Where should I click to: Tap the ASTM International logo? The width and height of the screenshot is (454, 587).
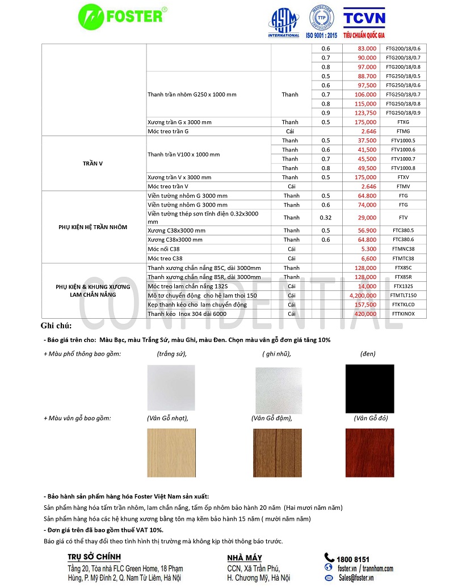pos(283,23)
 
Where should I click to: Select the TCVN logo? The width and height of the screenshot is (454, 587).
pos(364,23)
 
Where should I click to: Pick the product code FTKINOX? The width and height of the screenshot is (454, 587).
pos(403,314)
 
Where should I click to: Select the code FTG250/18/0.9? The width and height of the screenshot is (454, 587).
pos(403,113)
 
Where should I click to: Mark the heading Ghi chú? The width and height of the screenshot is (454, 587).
pos(56,326)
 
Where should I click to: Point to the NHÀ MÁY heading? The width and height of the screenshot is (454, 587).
pos(245,558)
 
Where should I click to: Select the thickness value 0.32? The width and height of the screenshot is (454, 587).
pos(325,217)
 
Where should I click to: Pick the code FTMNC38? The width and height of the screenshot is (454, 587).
pos(403,249)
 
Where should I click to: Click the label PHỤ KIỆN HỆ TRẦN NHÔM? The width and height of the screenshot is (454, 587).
pos(93,227)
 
